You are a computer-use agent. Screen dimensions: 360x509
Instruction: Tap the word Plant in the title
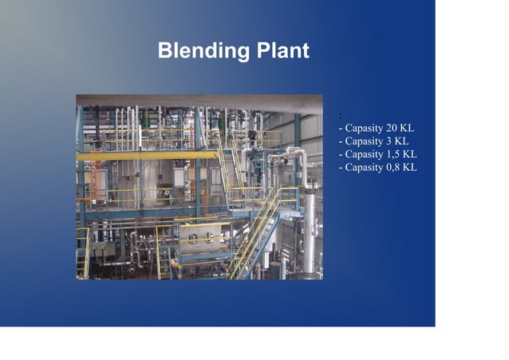tap(281, 52)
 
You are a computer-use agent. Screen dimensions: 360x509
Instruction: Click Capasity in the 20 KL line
tap(364, 129)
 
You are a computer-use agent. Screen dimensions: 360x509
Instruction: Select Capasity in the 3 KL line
tap(364, 141)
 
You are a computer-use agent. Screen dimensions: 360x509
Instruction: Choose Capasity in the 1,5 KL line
tap(364, 154)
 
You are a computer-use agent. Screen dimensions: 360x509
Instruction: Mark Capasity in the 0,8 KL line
tap(364, 168)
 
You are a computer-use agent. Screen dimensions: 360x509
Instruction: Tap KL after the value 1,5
tap(411, 154)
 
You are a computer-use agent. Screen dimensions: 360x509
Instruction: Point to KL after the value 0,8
tap(411, 168)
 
